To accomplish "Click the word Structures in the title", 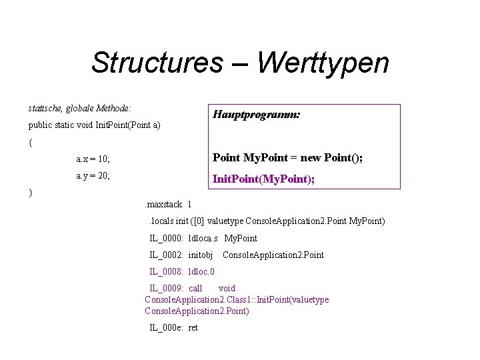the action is click(157, 63).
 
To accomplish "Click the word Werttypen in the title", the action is click(322, 63).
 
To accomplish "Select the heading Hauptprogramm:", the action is click(257, 115).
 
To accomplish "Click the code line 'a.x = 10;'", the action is click(93, 159).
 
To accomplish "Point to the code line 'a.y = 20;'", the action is click(93, 176).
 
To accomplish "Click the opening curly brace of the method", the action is click(31, 142).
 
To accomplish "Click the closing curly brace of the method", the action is click(31, 193).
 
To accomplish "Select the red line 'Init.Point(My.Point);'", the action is click(263, 179).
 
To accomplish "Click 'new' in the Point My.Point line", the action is click(311, 157).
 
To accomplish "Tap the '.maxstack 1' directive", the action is click(168, 204).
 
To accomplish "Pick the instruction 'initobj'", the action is click(201, 255).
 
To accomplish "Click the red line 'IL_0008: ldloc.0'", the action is click(182, 272).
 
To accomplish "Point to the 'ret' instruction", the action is click(193, 327).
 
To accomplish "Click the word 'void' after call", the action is click(227, 289).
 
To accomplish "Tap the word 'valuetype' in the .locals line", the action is click(224, 221).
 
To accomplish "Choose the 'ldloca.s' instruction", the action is click(204, 238).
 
